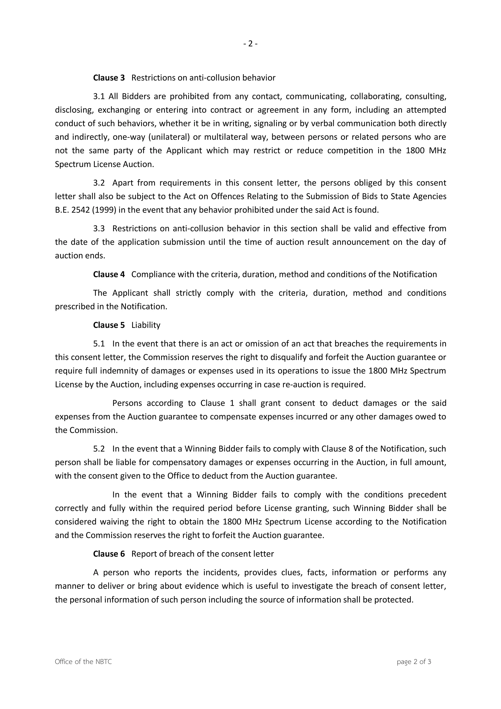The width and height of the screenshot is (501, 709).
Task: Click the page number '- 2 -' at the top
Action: coord(250,44)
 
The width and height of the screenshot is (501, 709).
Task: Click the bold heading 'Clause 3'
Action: coord(109,78)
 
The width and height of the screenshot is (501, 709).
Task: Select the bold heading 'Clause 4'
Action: coord(109,274)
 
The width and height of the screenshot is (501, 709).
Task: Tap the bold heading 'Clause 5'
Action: coord(109,325)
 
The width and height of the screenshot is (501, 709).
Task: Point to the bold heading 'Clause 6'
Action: coord(109,554)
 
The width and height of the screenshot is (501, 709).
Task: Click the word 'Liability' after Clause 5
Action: coord(146,325)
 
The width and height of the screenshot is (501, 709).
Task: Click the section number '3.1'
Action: coord(99,96)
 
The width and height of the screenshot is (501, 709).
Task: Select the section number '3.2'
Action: coord(99,183)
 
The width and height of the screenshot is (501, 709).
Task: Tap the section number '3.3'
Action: coord(99,229)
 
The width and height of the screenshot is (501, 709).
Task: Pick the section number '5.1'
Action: coord(99,344)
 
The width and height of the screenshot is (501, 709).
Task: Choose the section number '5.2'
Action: coord(99,449)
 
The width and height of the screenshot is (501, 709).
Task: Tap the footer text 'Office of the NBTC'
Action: coord(83,662)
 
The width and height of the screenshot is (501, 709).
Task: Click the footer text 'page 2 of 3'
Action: coord(414,662)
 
